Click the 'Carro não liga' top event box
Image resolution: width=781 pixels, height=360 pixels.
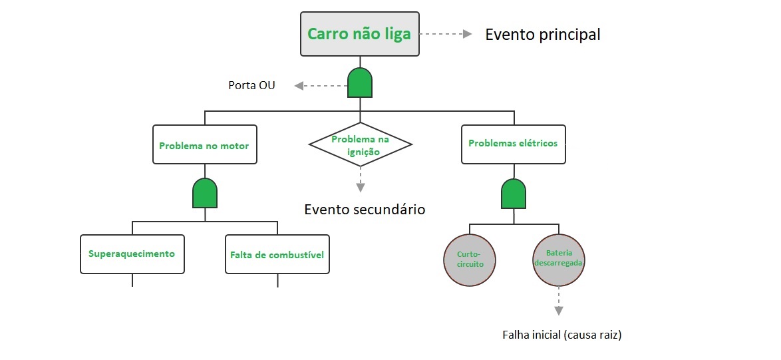pos(360,34)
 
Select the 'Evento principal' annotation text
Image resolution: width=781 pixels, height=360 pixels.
pos(542,35)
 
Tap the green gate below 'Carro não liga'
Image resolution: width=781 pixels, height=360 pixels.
pos(360,83)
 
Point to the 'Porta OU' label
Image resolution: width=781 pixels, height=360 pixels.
pos(251,85)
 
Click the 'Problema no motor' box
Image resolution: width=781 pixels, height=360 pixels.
pos(204,144)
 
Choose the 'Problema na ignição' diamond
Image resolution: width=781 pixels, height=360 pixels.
pos(360,144)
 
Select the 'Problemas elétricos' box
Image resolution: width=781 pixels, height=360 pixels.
pos(513,144)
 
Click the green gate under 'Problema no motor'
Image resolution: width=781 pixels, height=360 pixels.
pos(204,193)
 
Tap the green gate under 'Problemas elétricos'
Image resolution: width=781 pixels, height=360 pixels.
pos(513,193)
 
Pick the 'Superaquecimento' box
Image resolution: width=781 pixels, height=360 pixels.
pos(132,254)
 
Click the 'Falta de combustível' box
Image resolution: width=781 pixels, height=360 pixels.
pos(277,254)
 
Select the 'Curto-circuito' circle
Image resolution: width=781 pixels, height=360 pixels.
pos(470,260)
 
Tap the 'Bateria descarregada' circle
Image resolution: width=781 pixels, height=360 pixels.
pos(558,260)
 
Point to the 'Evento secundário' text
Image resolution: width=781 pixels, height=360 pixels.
pos(365,209)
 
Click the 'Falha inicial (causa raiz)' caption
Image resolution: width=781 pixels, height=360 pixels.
pos(561,335)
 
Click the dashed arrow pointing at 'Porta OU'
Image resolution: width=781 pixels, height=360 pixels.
pos(320,85)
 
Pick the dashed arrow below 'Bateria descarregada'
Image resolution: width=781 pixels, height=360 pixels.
pos(558,301)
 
